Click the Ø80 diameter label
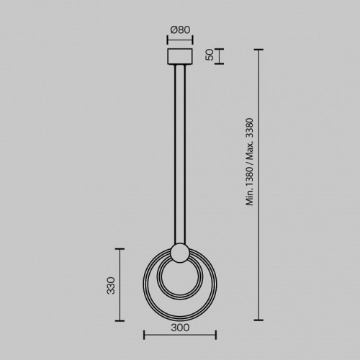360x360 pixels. (x=180, y=30)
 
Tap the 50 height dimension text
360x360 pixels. (x=210, y=55)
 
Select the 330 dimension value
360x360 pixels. (x=111, y=286)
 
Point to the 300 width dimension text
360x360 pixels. (x=180, y=328)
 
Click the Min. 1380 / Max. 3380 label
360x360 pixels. (x=250, y=162)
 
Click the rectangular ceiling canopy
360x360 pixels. (x=180, y=56)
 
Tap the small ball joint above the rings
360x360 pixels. (x=180, y=253)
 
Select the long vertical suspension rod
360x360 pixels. (x=180, y=154)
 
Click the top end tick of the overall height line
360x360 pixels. (x=258, y=50)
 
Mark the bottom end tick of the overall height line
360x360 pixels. (x=258, y=320)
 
